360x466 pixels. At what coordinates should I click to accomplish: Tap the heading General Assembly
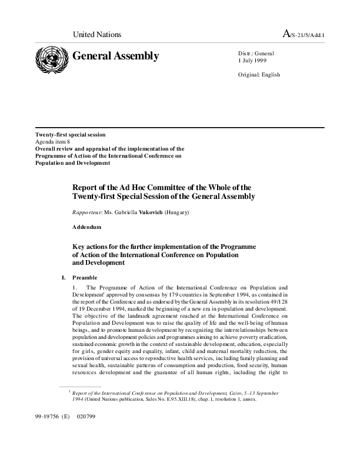click(115, 56)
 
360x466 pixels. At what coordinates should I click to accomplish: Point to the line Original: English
click(259, 75)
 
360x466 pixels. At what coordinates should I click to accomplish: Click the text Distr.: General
click(256, 54)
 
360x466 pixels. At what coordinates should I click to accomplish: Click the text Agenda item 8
click(54, 142)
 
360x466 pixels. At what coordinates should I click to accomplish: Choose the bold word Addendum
click(87, 227)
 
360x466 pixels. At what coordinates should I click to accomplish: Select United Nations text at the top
click(96, 35)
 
